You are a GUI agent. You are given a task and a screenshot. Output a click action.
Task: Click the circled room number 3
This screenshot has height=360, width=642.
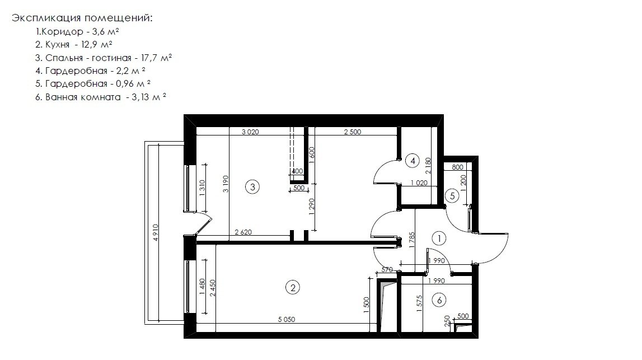252,187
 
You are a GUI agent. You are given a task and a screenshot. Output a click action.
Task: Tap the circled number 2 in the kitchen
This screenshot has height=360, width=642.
292,288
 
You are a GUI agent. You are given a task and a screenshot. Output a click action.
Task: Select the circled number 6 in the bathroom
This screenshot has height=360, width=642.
439,300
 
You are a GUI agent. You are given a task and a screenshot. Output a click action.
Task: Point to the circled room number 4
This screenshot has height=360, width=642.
413,161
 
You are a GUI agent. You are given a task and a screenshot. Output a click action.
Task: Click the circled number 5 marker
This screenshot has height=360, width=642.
452,196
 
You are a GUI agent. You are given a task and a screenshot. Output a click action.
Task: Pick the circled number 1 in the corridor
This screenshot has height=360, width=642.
439,239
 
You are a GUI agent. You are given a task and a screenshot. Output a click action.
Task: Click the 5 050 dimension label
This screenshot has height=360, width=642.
287,320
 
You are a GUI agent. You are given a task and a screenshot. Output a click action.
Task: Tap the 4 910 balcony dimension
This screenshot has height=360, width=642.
155,232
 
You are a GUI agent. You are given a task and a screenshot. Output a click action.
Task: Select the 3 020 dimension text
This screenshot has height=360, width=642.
250,132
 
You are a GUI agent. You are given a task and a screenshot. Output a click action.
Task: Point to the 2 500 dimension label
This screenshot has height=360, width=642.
353,132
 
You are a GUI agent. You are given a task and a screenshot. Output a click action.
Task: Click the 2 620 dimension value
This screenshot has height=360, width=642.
243,232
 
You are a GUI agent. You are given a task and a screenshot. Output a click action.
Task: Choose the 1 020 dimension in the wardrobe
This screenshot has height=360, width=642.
419,183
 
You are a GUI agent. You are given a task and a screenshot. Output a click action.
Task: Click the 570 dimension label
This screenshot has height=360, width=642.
387,269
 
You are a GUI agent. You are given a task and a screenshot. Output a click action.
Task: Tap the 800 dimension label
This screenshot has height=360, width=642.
458,167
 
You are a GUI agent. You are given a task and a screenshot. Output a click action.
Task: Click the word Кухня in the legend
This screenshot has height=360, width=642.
57,45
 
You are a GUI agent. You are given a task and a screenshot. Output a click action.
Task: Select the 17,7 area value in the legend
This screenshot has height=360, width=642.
149,58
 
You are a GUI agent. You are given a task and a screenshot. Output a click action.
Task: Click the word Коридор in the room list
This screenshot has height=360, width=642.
62,31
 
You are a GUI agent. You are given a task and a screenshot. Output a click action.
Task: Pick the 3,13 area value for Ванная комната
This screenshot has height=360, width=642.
140,97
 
